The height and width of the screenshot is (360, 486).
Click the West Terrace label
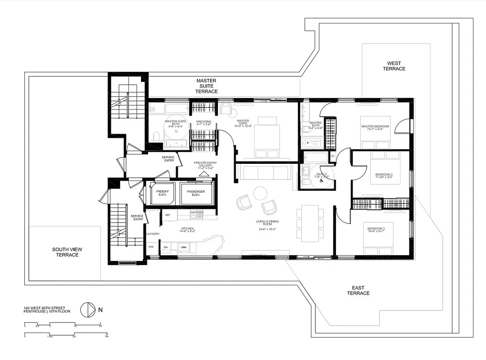coord(394,66)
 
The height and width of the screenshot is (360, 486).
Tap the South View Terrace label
coord(67,252)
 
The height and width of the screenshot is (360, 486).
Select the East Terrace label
coord(358,290)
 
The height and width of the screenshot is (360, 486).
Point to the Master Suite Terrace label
coord(206,86)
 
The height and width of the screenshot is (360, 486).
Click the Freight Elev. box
coord(162,194)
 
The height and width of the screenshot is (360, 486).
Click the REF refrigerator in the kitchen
coord(168,215)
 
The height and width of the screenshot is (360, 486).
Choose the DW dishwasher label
coord(166,247)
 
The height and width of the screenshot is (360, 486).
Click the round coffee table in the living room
coord(260,193)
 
